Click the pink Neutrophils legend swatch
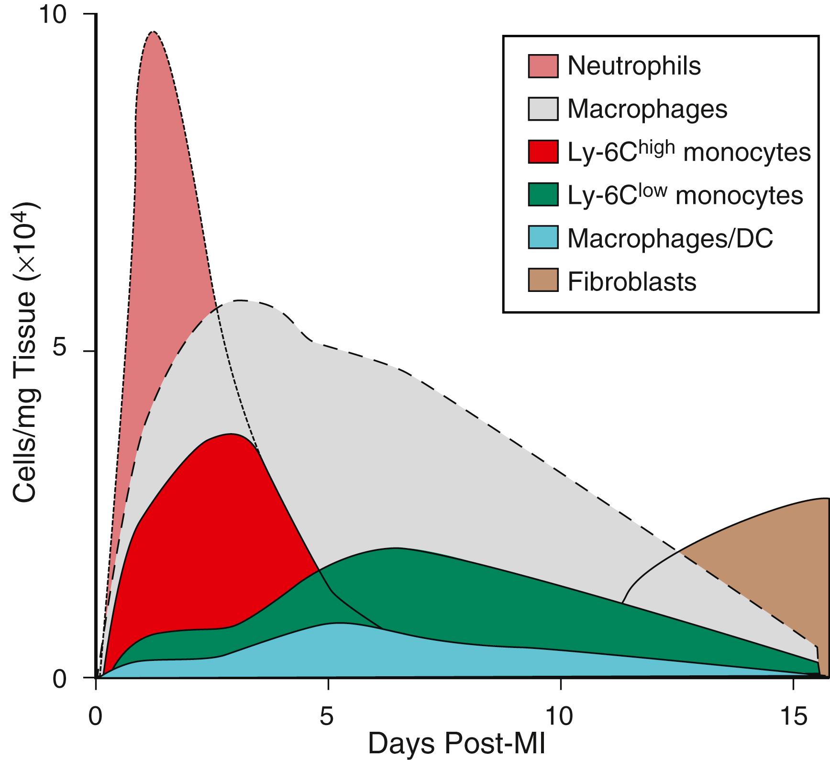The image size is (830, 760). click(543, 66)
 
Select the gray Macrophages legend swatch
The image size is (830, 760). click(543, 109)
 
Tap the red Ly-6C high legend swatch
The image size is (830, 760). click(543, 152)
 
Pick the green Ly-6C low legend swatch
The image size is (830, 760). click(543, 195)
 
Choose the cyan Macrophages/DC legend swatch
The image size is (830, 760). click(543, 237)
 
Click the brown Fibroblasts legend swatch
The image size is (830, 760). click(543, 280)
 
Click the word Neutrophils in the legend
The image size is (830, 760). click(633, 66)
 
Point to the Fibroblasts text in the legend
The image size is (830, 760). click(631, 281)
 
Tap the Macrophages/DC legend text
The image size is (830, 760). click(670, 238)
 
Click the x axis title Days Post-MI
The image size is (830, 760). click(457, 743)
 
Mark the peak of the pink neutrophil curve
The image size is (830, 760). click(153, 32)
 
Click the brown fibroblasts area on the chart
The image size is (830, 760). click(775, 574)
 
